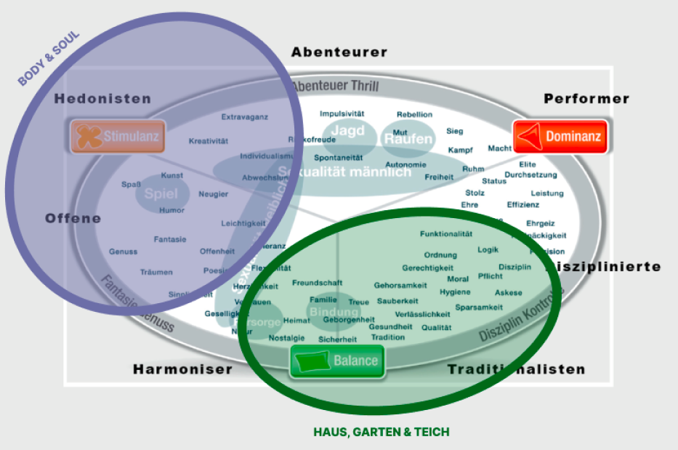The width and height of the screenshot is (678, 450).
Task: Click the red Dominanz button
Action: pyautogui.click(x=560, y=136)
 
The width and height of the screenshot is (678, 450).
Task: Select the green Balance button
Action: pyautogui.click(x=337, y=361)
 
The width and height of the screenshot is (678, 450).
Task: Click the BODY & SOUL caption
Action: pyautogui.click(x=49, y=58)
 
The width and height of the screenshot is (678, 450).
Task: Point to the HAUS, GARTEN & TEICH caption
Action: pyautogui.click(x=382, y=432)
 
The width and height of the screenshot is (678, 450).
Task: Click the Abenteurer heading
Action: pyautogui.click(x=339, y=52)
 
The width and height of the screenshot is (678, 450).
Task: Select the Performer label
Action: pyautogui.click(x=586, y=99)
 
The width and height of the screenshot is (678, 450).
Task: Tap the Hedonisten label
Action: pyautogui.click(x=102, y=99)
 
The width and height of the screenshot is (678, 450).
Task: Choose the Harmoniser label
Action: pyautogui.click(x=182, y=369)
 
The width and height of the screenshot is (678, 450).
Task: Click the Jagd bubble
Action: pyautogui.click(x=347, y=131)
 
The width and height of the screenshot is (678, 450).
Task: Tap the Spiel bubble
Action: pyautogui.click(x=161, y=194)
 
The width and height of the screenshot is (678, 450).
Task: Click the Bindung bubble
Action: pyautogui.click(x=334, y=313)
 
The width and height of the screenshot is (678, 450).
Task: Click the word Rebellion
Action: pyautogui.click(x=414, y=114)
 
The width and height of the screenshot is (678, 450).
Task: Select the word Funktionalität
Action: pyautogui.click(x=446, y=234)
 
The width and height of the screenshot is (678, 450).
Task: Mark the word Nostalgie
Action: pyautogui.click(x=287, y=338)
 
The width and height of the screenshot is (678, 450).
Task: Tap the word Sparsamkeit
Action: pyautogui.click(x=479, y=308)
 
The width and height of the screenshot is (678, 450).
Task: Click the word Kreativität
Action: pyautogui.click(x=209, y=141)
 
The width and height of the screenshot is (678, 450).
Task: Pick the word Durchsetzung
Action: pyautogui.click(x=530, y=175)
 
